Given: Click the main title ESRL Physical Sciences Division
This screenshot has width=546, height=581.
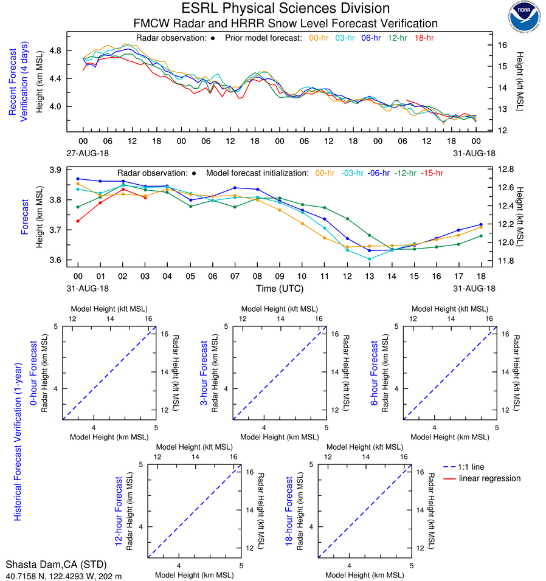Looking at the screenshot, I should pyautogui.click(x=285, y=9).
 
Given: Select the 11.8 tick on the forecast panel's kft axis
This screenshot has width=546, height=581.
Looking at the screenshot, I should pyautogui.click(x=506, y=261).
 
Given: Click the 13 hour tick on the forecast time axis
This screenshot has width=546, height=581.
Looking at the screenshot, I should pyautogui.click(x=369, y=276).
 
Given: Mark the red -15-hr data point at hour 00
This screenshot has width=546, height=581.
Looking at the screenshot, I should pyautogui.click(x=78, y=221).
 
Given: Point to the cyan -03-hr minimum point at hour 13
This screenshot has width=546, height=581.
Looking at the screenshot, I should pyautogui.click(x=369, y=259).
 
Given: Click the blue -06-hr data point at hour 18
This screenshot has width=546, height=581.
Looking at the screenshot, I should pyautogui.click(x=481, y=225).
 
